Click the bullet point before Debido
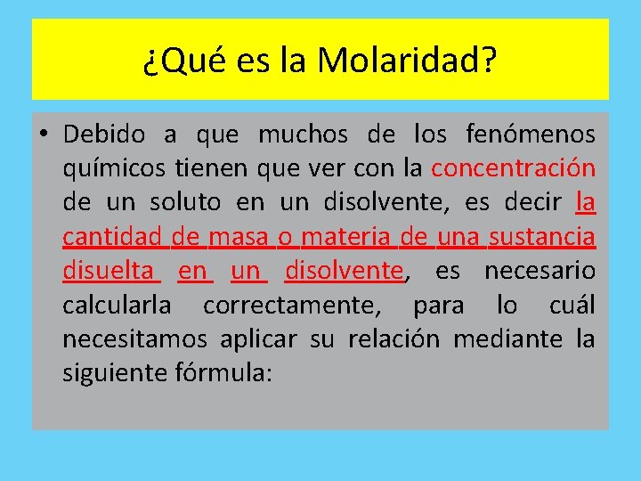(43, 135)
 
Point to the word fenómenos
(531, 135)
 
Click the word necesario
(540, 270)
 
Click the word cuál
(572, 305)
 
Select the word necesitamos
(134, 338)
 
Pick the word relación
(388, 338)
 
